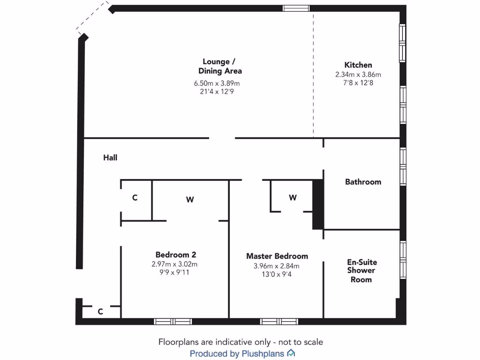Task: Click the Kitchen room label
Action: coord(358,65)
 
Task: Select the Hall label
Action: coord(110,158)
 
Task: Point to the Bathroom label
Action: coord(363,182)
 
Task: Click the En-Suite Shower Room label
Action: coord(362,271)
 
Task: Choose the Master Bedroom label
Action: coord(277,256)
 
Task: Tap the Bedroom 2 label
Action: coord(176,255)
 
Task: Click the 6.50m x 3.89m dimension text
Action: coord(217,83)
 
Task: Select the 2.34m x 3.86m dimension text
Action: coord(358,75)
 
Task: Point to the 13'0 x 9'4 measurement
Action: coord(277,275)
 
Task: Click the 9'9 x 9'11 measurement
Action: coord(174,272)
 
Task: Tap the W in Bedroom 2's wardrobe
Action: coord(190,200)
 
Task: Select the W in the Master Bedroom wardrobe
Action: coord(292,198)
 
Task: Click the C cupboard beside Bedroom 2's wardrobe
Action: coord(135,198)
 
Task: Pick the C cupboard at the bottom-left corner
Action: coord(100,311)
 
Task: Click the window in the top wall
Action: coord(296,8)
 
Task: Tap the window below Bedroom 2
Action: coord(173,322)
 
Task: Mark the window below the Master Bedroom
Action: coord(279,322)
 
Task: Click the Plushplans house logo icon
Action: coord(291,353)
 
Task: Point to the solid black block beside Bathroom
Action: coord(318,204)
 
